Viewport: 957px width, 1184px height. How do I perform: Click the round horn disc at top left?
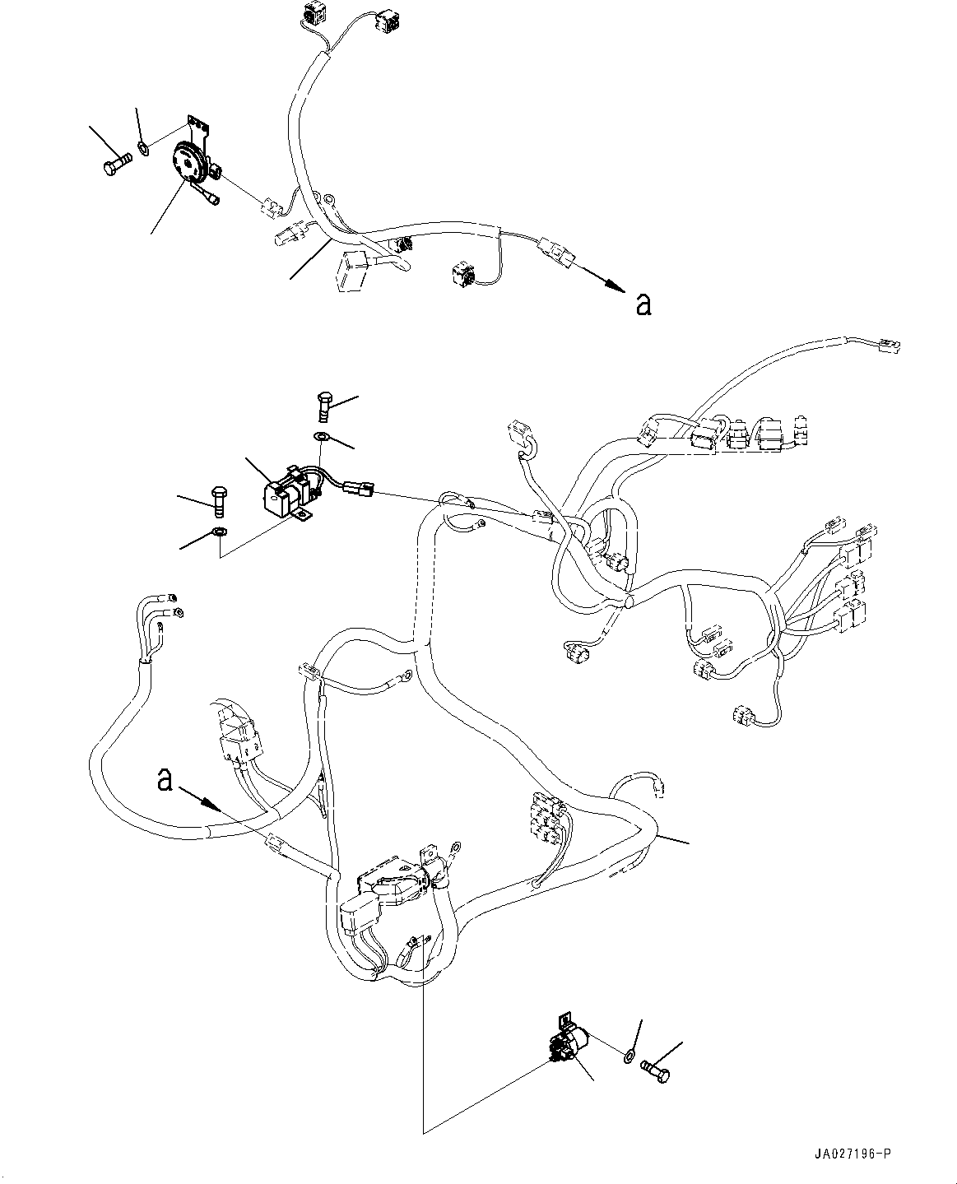coord(190,162)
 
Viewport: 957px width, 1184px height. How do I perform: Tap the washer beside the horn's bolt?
coord(143,149)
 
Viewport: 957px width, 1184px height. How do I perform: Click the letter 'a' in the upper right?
coord(643,304)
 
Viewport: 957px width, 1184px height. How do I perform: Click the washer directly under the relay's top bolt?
coord(323,436)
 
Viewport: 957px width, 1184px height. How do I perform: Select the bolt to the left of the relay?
coord(218,499)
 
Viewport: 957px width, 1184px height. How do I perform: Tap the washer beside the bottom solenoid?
coord(629,1054)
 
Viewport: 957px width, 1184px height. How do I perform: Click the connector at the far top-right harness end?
coord(890,346)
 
